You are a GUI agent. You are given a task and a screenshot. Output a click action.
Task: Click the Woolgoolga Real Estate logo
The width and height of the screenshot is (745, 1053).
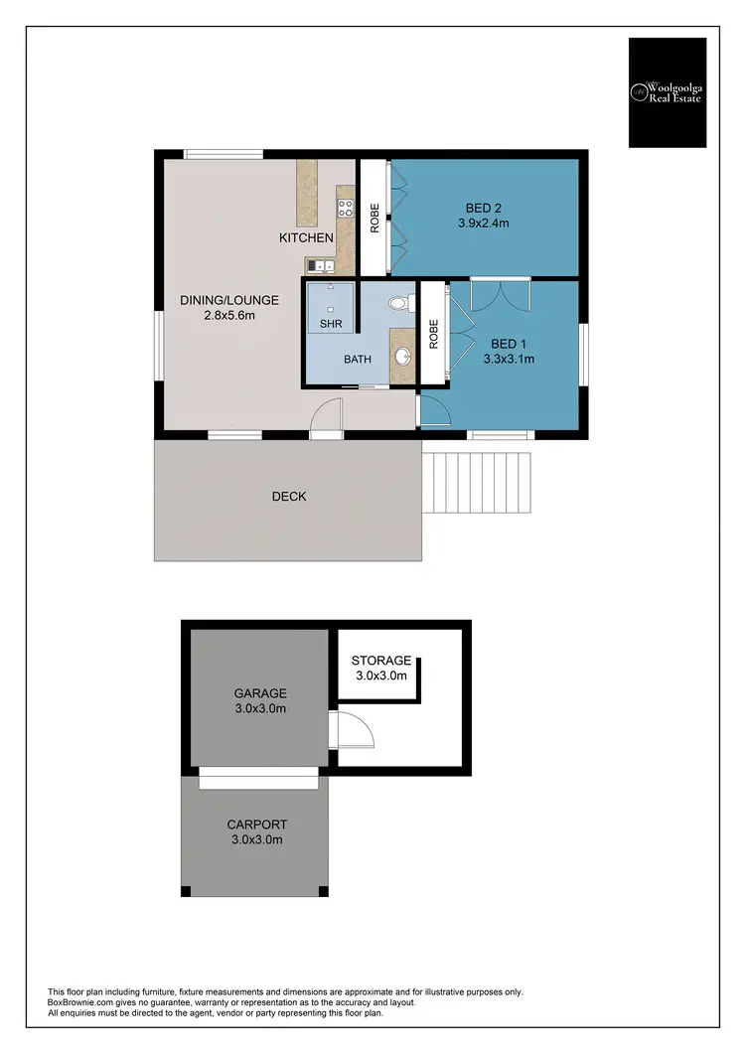pos(667,92)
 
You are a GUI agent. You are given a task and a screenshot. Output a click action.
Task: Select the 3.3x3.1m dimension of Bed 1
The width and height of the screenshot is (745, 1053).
pos(509,359)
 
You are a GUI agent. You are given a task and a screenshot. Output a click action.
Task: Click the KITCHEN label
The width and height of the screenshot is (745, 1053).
pos(305,238)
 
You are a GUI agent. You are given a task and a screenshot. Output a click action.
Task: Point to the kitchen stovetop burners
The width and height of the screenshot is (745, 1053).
pos(347,208)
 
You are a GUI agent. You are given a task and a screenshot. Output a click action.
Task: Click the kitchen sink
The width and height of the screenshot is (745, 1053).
pos(319,265)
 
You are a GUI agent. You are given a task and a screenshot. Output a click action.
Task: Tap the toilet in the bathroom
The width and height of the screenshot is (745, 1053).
pos(399,302)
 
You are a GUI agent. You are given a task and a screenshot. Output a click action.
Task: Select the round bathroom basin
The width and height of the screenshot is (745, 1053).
pos(402,355)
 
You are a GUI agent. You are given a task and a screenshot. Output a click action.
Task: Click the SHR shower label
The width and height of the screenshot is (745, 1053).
pos(330,325)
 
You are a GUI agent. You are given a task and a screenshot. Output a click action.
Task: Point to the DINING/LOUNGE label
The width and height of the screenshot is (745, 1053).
pos(228,300)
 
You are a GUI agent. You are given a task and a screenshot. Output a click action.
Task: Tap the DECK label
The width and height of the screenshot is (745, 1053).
pos(288,496)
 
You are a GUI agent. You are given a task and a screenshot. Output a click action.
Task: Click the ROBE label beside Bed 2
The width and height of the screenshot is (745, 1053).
pos(374,219)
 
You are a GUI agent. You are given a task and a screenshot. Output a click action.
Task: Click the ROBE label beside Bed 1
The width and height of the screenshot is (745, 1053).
pos(433,334)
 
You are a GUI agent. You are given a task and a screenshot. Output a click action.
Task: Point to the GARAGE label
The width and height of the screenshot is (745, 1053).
pos(259,693)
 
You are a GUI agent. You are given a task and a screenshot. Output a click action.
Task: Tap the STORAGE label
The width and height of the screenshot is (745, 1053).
pos(380,661)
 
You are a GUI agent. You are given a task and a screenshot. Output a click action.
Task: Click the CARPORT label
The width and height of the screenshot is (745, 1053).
pos(256,825)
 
